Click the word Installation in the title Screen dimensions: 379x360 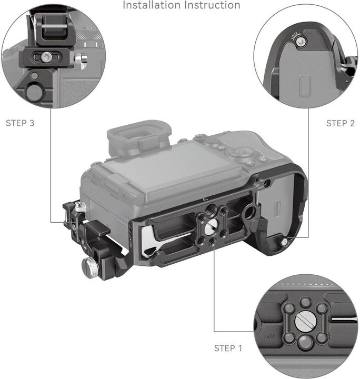point(151,5)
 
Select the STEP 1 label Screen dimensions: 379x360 point(228,348)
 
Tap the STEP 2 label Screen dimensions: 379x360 point(340,123)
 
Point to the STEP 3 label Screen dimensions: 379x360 point(20,123)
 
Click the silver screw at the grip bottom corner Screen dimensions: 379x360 point(284,242)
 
